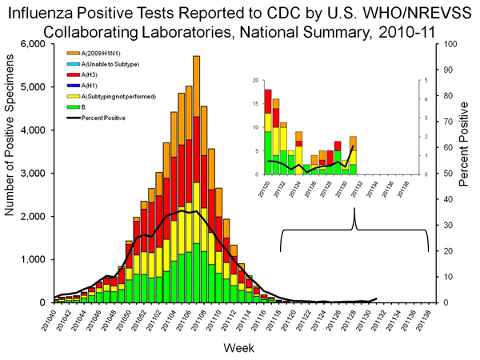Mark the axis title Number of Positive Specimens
(11, 173)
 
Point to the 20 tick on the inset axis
(255, 81)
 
